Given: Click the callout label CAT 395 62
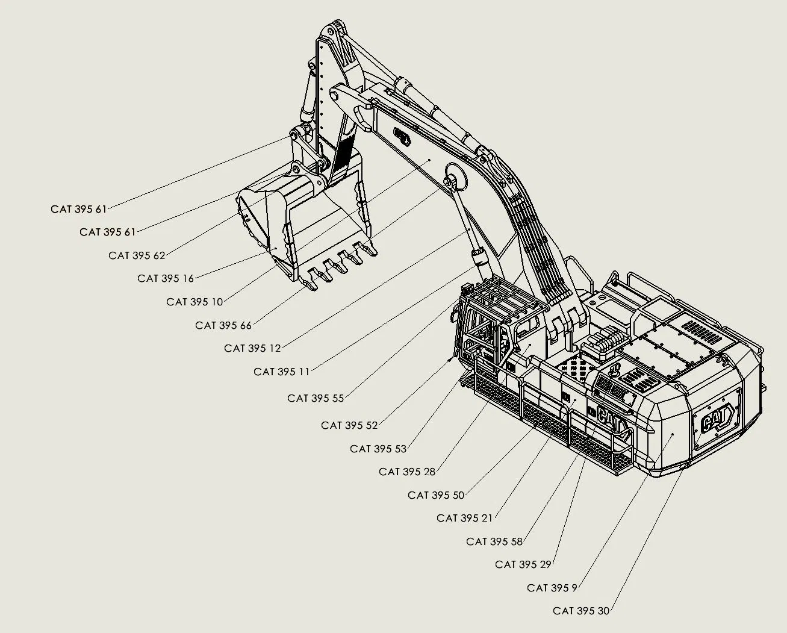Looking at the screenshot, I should point(137,255).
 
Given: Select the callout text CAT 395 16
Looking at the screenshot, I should point(166,278).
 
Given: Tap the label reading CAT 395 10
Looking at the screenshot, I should point(194,302).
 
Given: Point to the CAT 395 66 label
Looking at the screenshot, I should point(223,325).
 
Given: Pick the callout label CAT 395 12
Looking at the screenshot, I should point(252,348).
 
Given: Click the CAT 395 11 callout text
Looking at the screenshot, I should point(281,372).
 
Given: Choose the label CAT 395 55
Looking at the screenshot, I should point(316,398).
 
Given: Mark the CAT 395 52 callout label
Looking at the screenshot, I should point(349,425).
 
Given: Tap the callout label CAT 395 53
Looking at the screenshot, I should point(378,449).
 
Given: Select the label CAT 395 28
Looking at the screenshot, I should point(407,472).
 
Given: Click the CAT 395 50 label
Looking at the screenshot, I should point(436,495).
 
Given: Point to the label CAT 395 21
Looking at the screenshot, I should point(464,518).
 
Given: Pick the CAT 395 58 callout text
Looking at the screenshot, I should point(494,541).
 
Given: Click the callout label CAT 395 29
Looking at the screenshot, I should point(523,564).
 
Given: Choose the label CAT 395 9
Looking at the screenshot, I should point(552,588).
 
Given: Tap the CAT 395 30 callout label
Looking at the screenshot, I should point(581,611).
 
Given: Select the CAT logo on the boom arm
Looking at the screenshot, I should point(402,136).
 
